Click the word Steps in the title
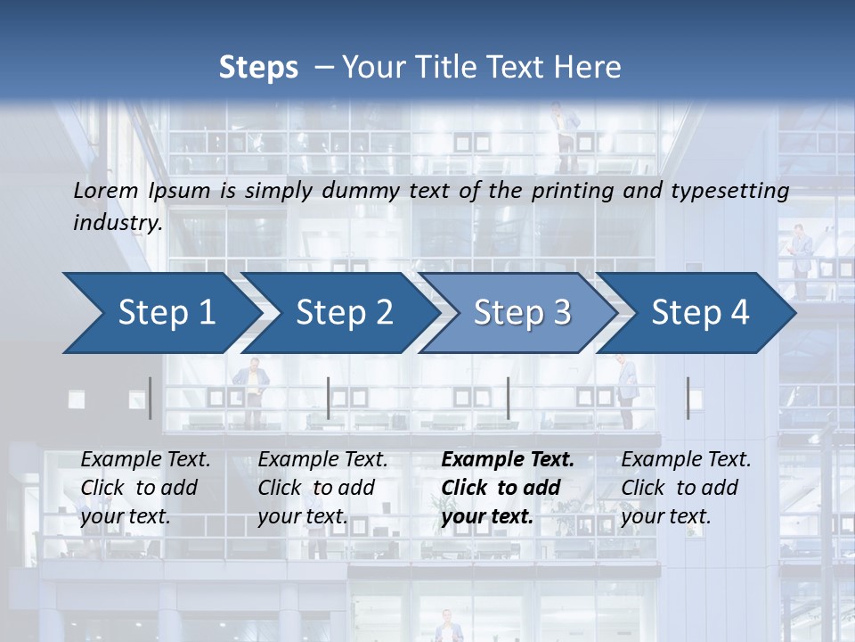(x=258, y=68)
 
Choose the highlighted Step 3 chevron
(x=522, y=313)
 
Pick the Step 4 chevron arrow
(x=700, y=313)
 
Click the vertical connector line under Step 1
(x=150, y=398)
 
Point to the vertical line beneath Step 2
(x=329, y=398)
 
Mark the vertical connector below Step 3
(x=508, y=398)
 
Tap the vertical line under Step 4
(x=688, y=398)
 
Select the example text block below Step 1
(x=144, y=488)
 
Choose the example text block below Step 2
(x=322, y=488)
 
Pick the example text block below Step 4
(x=685, y=488)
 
